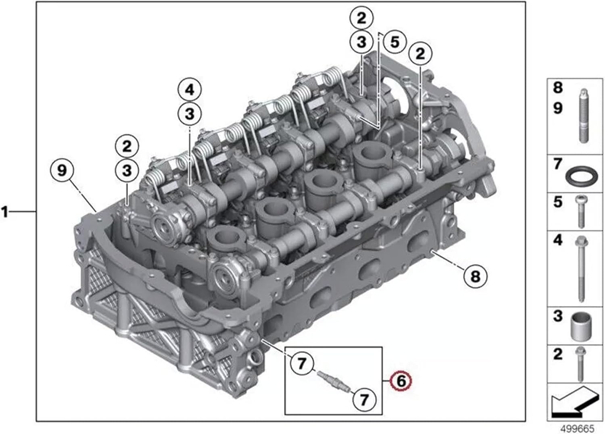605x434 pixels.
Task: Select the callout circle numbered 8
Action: (x=476, y=277)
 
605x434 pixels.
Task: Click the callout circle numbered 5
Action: (x=394, y=42)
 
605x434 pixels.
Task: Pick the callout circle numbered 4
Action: (x=190, y=90)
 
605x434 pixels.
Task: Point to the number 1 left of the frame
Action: (x=5, y=212)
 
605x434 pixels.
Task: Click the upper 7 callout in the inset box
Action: (x=302, y=364)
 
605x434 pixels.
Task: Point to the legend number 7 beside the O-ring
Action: (x=558, y=164)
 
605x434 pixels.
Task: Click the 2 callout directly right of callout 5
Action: (x=420, y=53)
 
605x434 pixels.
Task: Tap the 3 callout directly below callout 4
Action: (x=190, y=114)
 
